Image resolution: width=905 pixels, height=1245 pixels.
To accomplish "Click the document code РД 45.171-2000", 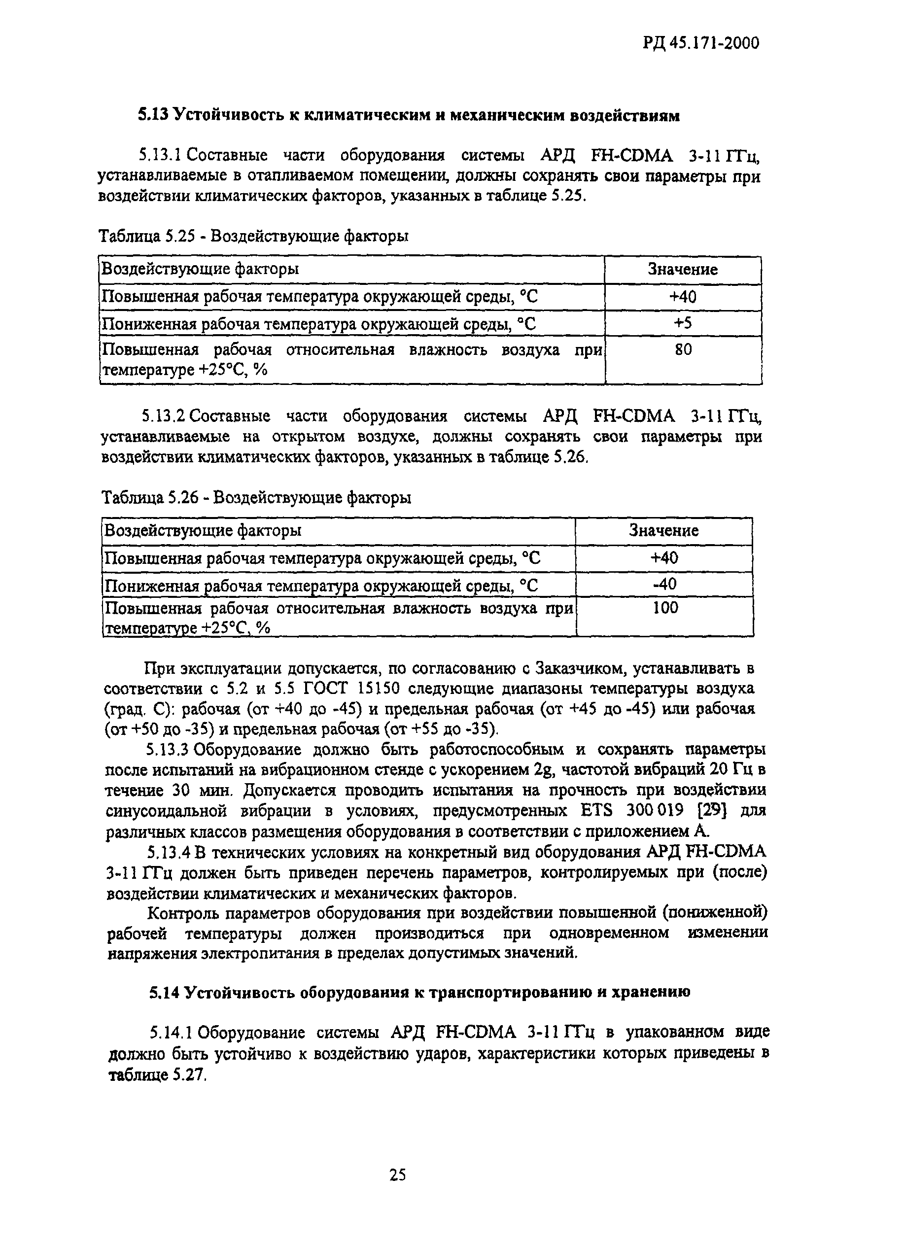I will point(701,43).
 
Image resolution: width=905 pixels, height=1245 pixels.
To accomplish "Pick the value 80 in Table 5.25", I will point(683,349).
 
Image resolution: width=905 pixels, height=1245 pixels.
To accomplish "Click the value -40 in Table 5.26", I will point(664,584).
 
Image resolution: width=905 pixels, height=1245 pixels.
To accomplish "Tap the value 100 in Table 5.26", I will point(665,608).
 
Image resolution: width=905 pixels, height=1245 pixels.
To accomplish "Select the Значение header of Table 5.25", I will point(683,270).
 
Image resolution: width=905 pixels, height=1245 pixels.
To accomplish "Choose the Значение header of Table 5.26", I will point(664,531).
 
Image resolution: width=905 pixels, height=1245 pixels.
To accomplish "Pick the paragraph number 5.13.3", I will point(168,749).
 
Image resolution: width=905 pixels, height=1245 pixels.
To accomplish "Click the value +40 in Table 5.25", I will point(683,297).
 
